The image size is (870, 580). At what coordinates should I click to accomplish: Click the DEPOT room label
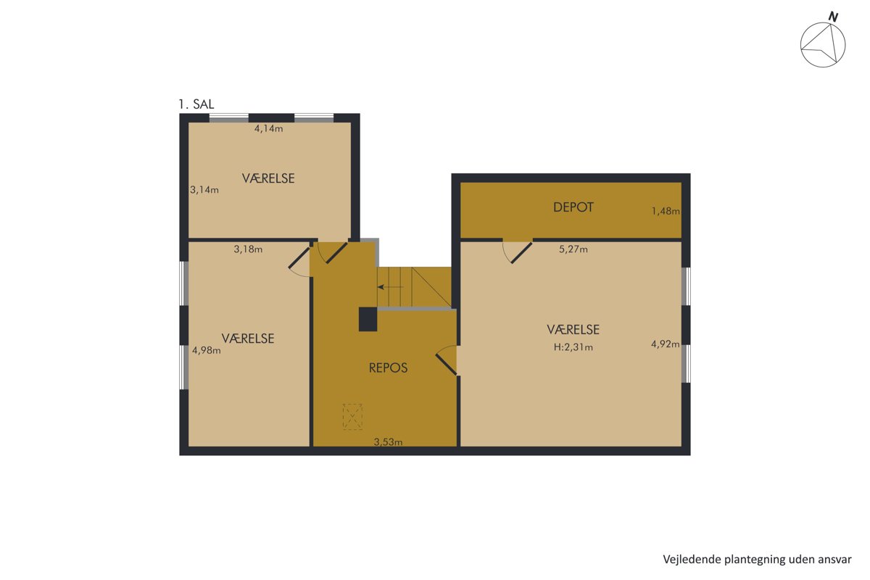tap(573, 207)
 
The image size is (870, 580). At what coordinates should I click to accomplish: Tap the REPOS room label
tap(388, 368)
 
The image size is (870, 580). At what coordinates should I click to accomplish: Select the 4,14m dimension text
tap(268, 128)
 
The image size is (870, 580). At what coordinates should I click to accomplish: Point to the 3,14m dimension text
tap(204, 190)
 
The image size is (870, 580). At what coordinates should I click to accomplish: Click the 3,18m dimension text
tap(248, 249)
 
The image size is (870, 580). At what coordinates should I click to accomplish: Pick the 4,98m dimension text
tap(206, 350)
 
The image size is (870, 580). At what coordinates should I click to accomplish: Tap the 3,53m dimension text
tap(388, 442)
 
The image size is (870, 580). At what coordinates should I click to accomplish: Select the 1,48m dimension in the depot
tap(666, 211)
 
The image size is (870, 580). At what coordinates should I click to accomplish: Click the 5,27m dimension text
tap(573, 249)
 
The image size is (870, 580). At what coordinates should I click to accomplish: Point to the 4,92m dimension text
tap(666, 344)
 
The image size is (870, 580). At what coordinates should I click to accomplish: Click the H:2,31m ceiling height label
tap(573, 347)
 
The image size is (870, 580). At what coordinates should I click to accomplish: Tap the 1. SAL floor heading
tap(196, 104)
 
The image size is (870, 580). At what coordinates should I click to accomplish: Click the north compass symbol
tap(823, 44)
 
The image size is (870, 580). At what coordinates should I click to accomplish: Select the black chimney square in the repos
tap(368, 319)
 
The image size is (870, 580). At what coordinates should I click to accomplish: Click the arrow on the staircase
tap(391, 287)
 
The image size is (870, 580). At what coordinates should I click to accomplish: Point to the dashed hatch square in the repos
tap(352, 417)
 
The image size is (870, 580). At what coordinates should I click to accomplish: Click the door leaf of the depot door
tap(521, 253)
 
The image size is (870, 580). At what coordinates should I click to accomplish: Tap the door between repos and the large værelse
tap(446, 364)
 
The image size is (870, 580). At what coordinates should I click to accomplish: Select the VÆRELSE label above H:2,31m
tap(573, 329)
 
